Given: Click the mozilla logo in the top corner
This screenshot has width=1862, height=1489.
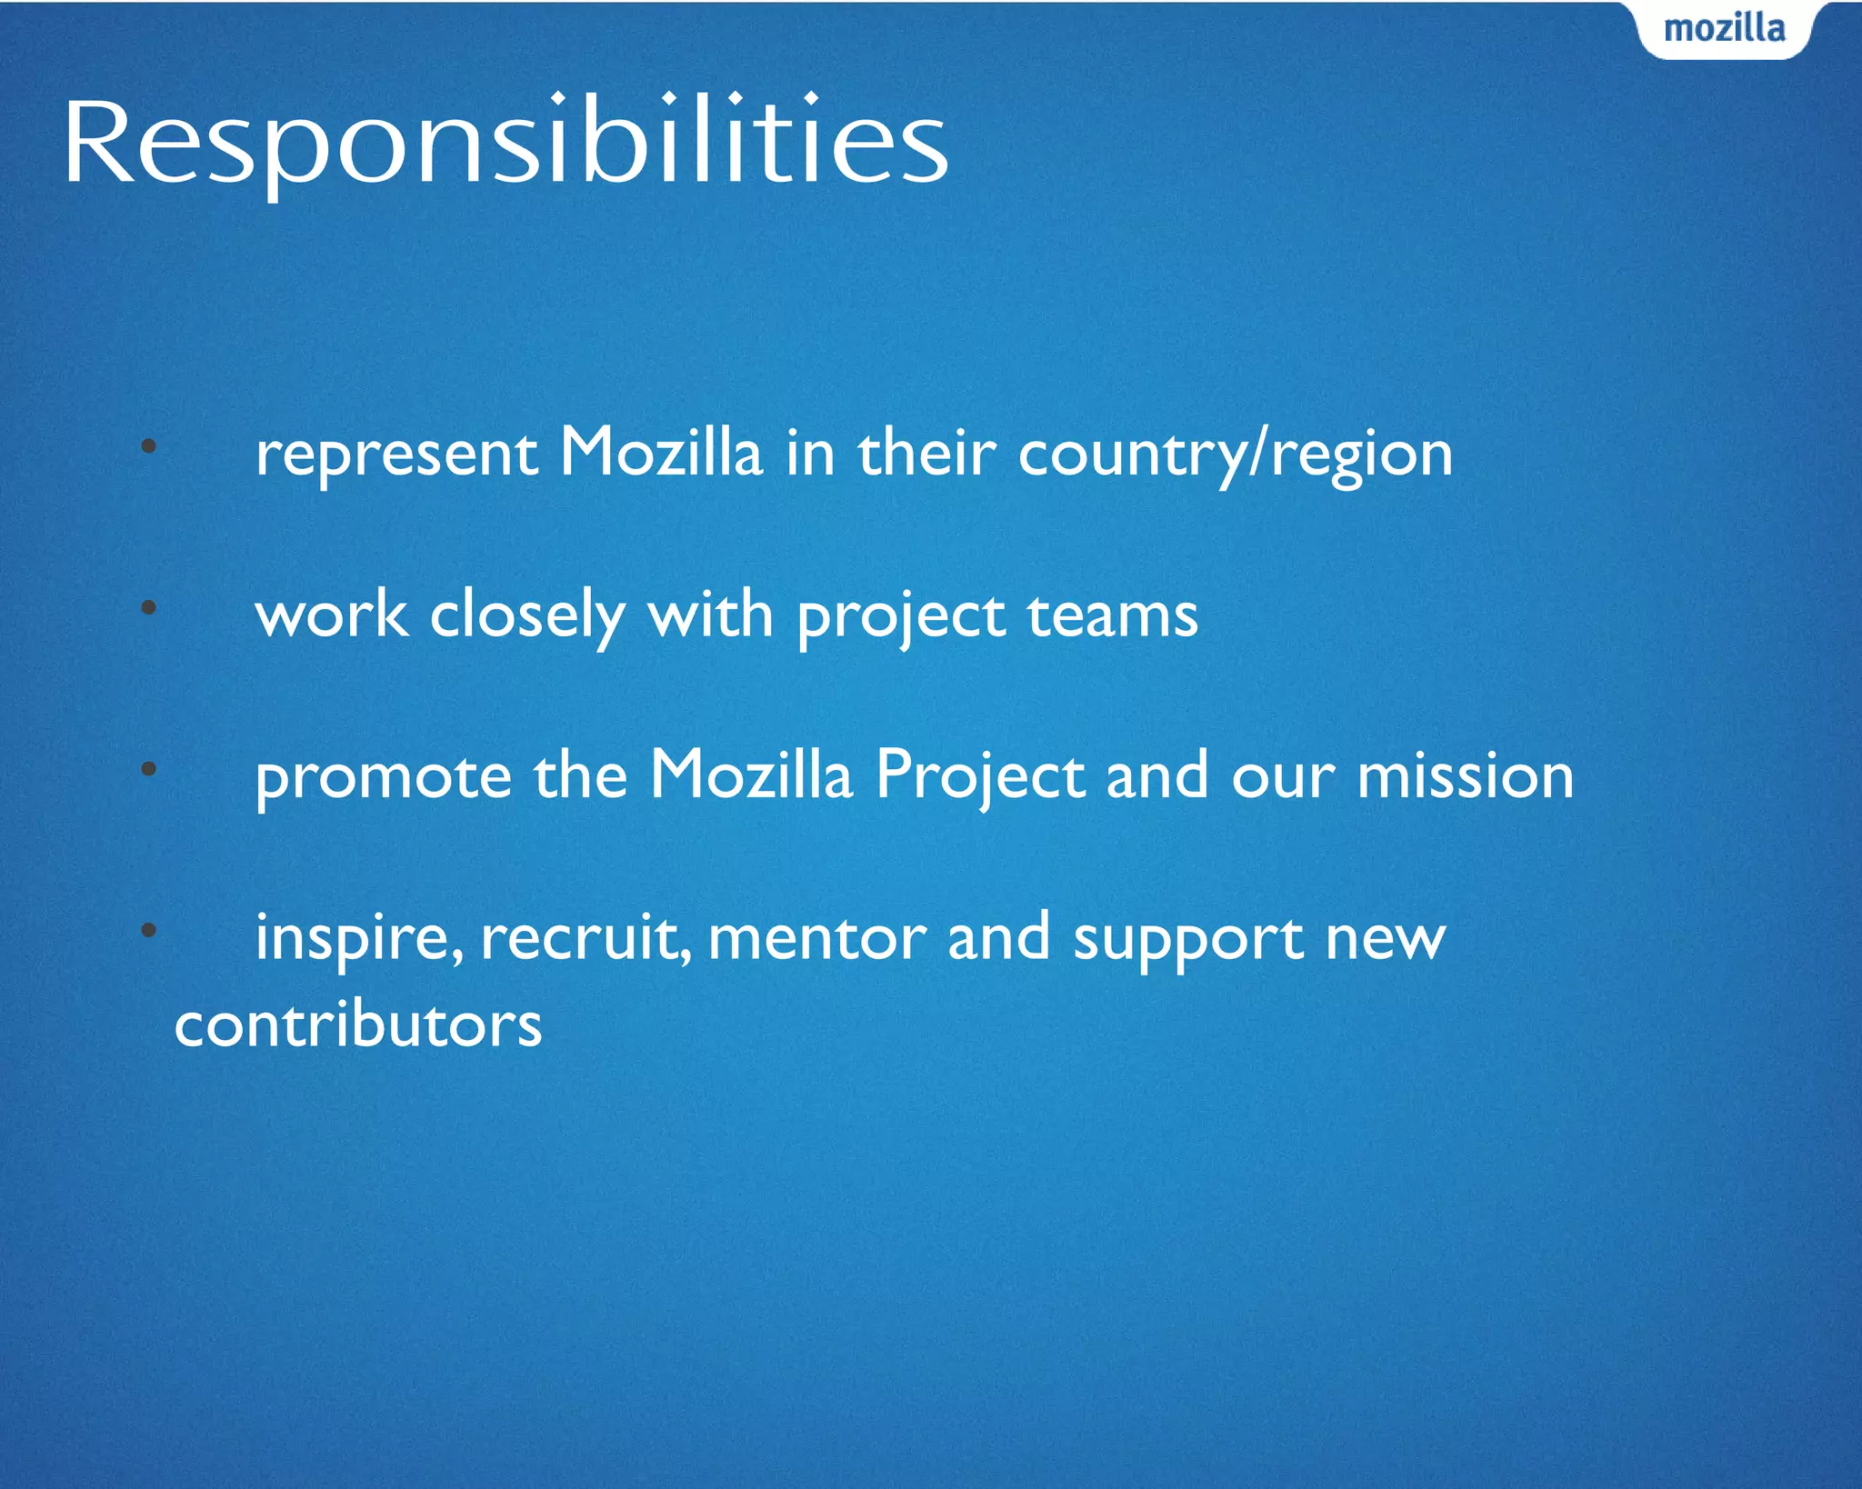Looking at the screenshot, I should pos(1724,29).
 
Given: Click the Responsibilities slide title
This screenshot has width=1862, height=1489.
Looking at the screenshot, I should pos(506,144).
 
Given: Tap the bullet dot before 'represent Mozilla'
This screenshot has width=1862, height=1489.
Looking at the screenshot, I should pos(149,446).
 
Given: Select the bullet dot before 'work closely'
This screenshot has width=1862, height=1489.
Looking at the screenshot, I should pos(149,608).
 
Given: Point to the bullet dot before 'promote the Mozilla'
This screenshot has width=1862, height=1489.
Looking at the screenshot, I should pos(149,769).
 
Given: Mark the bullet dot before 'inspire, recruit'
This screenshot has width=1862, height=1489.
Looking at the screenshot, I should pos(149,930).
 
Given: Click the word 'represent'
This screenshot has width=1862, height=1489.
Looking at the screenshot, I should pos(396,455).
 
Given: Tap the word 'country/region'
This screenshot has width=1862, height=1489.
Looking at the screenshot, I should pos(1235,455).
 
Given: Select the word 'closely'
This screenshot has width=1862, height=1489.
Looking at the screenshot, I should pos(527,616).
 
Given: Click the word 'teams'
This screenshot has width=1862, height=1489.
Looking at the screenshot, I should pos(1112,616).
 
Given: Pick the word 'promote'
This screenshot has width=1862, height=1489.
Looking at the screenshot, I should pos(383,778).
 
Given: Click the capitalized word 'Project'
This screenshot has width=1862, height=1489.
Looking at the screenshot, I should pos(979,778).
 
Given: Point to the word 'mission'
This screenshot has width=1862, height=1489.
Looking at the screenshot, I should pos(1465,778).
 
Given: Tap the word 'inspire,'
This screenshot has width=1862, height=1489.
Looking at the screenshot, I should pos(359,939).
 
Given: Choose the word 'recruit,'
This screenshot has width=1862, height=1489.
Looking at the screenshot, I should pos(586,939).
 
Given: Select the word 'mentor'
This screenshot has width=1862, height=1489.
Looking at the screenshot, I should pos(816,939).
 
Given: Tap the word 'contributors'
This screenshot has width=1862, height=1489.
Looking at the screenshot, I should pos(358,1025).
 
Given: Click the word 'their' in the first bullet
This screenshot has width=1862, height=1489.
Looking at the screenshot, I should pos(926,455).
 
